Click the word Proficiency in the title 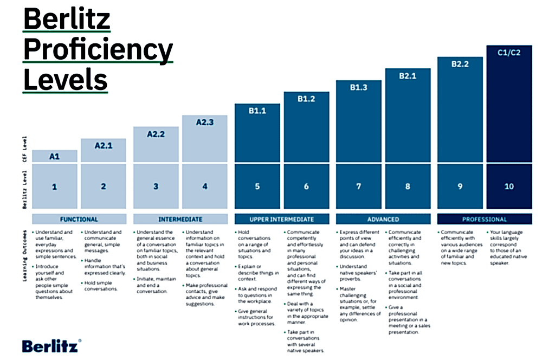(x=98, y=50)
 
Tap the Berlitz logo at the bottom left (x=52, y=346)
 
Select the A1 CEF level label (x=54, y=156)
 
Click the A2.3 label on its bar (x=204, y=122)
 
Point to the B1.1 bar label (x=257, y=110)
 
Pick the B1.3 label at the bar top (x=358, y=87)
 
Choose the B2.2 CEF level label (x=460, y=64)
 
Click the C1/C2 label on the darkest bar (x=509, y=53)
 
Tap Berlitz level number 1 (x=54, y=187)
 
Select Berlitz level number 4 (x=204, y=187)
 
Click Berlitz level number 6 (x=306, y=187)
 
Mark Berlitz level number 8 (x=408, y=187)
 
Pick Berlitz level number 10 (x=509, y=187)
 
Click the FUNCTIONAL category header (x=79, y=219)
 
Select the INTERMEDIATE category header (x=180, y=219)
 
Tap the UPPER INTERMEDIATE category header (x=281, y=219)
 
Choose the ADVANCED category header (x=383, y=219)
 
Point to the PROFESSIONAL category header (x=485, y=219)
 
